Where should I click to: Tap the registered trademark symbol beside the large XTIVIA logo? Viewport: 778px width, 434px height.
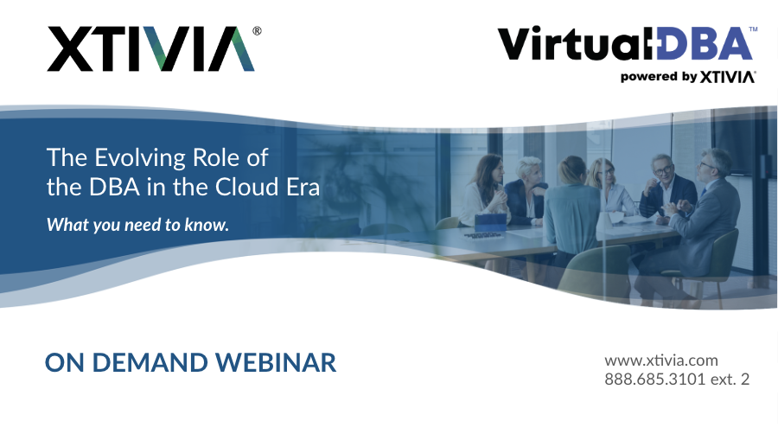coord(257,30)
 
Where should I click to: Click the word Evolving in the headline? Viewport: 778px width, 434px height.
coord(137,158)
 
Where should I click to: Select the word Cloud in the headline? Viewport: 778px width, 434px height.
coord(246,187)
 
